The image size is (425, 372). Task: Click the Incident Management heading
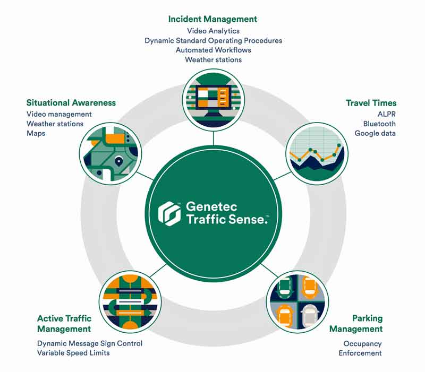click(x=212, y=19)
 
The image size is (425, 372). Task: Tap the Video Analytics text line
click(x=213, y=31)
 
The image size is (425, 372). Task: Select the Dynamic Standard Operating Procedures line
click(x=213, y=40)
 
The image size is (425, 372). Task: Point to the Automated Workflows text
click(x=213, y=50)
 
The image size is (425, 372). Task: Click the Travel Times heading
click(x=371, y=103)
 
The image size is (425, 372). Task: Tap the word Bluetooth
click(x=379, y=124)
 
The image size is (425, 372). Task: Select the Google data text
click(x=375, y=133)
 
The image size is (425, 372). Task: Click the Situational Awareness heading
click(x=71, y=102)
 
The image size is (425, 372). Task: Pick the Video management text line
click(x=59, y=114)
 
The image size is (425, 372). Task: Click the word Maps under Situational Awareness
click(x=36, y=133)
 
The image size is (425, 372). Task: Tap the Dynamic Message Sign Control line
click(x=90, y=343)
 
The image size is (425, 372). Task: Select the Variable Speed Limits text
click(x=73, y=353)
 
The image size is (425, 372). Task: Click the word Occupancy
click(x=362, y=343)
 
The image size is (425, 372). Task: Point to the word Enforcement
click(x=360, y=353)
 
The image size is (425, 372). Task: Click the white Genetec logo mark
click(x=169, y=212)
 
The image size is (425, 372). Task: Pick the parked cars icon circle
click(x=297, y=302)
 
